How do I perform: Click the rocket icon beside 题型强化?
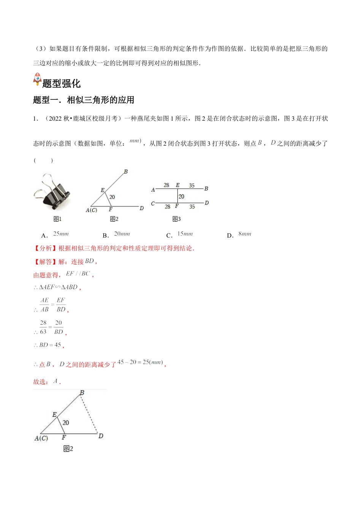(37, 79)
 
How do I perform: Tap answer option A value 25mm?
(61, 234)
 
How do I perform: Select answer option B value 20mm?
(122, 234)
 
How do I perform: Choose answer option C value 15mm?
(185, 234)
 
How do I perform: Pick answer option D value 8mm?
(245, 234)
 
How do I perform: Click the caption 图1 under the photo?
(57, 219)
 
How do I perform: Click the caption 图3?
(176, 219)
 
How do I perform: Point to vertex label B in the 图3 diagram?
(206, 188)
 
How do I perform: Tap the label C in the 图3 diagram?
(153, 203)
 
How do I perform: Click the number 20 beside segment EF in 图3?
(181, 197)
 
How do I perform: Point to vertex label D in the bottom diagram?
(101, 436)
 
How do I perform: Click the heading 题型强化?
(62, 83)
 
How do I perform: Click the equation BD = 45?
(50, 345)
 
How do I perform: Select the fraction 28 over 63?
(43, 327)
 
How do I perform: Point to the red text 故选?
(41, 382)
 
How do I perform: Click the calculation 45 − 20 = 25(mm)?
(140, 362)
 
